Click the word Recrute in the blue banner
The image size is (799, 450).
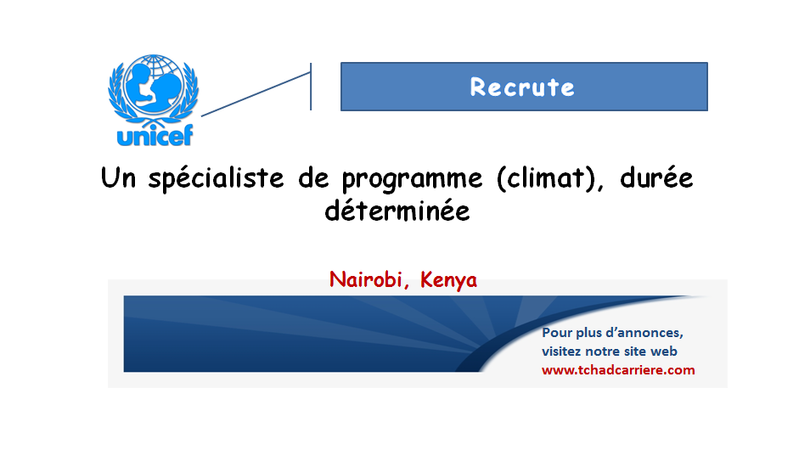[x=522, y=87]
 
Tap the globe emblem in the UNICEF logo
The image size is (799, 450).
[x=154, y=85]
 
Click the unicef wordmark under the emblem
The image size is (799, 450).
[x=155, y=135]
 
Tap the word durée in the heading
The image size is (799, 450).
[x=656, y=177]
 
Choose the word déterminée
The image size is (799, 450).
[x=397, y=211]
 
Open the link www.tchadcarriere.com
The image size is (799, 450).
[x=618, y=370]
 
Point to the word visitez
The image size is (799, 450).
[x=561, y=352]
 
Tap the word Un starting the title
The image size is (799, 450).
[x=118, y=177]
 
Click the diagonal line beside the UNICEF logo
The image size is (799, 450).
[x=256, y=94]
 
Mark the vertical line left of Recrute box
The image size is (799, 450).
[x=311, y=87]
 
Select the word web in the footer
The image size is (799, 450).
[x=665, y=352]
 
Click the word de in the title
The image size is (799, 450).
[x=313, y=177]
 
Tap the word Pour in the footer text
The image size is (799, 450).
[x=557, y=333]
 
